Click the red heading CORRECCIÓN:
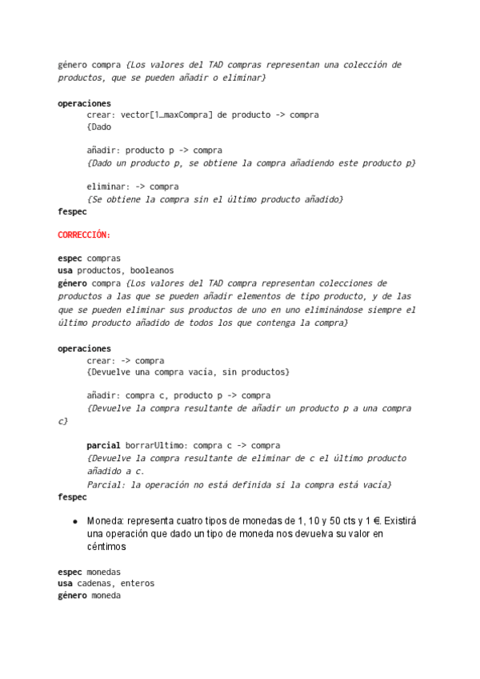[84, 235]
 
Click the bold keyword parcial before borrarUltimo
[103, 445]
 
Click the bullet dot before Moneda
[74, 520]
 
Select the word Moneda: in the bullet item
[106, 520]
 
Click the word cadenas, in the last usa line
[99, 583]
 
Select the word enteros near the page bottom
[138, 583]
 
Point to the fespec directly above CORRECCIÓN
[72, 212]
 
